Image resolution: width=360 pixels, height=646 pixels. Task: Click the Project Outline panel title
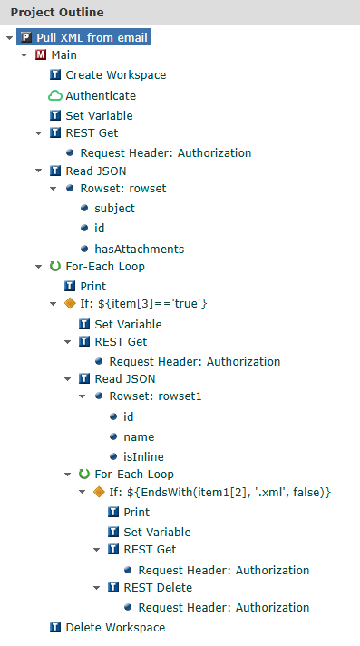[x=57, y=13]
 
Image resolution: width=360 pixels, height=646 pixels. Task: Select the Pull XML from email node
[x=91, y=37]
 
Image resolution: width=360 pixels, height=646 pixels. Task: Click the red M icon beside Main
[x=41, y=55]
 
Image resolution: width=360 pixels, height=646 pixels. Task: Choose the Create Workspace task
[x=115, y=75]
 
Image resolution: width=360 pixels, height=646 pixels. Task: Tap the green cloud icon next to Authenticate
[x=55, y=95]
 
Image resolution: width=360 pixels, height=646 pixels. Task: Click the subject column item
[x=114, y=209]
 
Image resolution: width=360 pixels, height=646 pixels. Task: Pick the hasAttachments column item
[x=139, y=249]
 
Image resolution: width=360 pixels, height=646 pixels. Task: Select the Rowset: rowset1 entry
[x=150, y=396]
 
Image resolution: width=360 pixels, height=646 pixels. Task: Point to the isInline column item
[x=144, y=456]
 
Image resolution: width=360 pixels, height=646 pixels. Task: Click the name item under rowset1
[x=139, y=436]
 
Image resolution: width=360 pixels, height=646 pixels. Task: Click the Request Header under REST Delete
[x=223, y=607]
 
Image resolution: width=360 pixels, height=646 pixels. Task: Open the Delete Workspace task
[x=115, y=627]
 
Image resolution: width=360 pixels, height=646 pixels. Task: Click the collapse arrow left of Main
[x=24, y=55]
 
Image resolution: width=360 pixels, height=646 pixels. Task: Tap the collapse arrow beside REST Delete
[x=97, y=587]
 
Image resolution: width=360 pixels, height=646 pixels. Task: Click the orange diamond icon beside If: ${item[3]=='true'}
[x=70, y=304]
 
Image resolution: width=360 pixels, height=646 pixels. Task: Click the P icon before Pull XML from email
[x=26, y=37]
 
